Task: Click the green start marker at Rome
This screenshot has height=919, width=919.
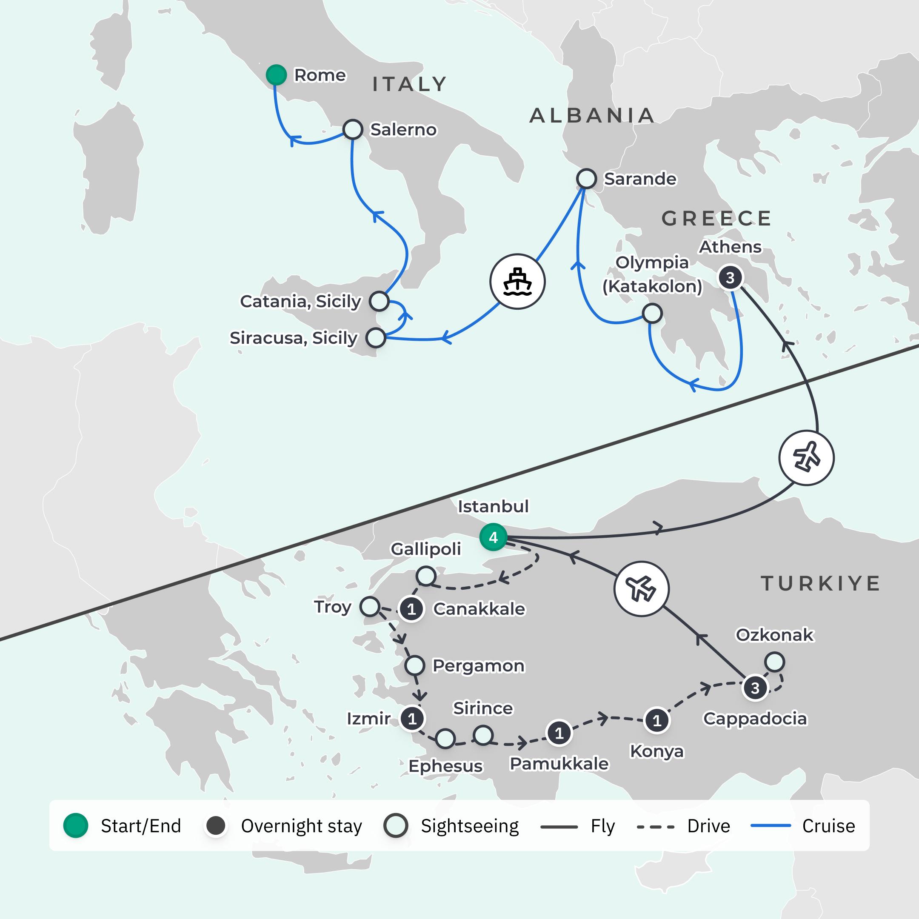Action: coord(276,75)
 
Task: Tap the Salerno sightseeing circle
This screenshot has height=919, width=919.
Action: coord(352,129)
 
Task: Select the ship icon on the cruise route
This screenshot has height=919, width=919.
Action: coord(517,282)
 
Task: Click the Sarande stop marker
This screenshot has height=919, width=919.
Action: coord(586,178)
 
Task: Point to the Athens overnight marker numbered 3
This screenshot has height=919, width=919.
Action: coord(730,277)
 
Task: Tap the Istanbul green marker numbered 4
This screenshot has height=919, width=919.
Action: coord(493,537)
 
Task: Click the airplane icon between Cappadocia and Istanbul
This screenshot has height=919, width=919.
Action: coord(641,588)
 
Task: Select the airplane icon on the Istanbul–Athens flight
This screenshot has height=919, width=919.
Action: coord(806,458)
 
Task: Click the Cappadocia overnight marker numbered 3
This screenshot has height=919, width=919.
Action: coord(755,688)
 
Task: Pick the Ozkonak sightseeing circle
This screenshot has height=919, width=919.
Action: coord(774,662)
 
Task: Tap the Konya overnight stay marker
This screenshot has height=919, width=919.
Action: coord(657,721)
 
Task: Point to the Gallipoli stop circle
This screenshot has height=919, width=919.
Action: coord(425,576)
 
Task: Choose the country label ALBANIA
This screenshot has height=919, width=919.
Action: coord(592,116)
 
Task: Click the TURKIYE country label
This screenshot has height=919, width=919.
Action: coord(821,584)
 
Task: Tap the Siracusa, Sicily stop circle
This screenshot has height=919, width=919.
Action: coord(375,338)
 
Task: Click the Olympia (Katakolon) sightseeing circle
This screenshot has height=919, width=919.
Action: coord(652,314)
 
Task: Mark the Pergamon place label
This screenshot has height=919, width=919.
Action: coord(478,665)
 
